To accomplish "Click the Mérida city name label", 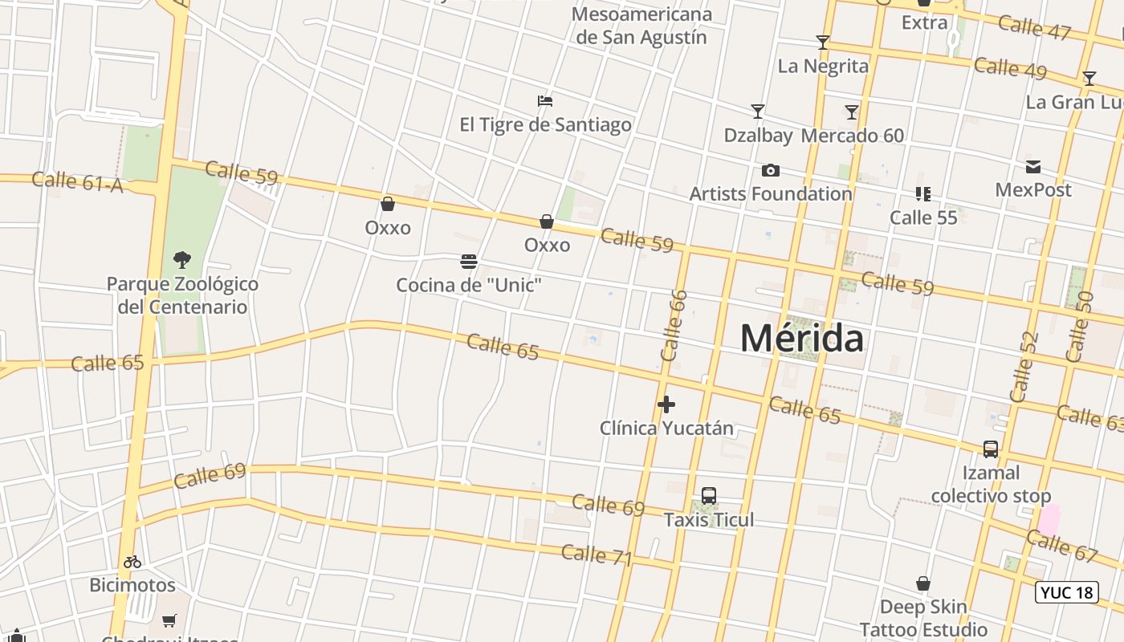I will click(801, 338).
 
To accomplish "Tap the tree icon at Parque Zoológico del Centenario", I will click(182, 259).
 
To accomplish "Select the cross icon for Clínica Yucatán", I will click(666, 404).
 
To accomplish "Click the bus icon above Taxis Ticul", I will click(708, 496).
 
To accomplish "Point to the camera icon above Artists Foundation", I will click(770, 170).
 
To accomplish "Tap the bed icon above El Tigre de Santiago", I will click(545, 101).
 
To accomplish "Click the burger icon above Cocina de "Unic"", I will click(469, 261).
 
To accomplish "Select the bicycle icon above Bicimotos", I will click(132, 562).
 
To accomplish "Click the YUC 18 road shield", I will click(1066, 592).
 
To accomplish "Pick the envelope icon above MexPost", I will click(1033, 167).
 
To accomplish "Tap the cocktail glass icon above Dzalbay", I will click(757, 112).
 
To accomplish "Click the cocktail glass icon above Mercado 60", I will click(852, 112).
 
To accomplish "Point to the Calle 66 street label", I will click(674, 325).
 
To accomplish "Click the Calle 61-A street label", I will click(78, 182).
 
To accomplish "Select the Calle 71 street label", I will click(597, 555).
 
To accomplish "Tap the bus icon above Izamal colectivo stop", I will click(991, 449).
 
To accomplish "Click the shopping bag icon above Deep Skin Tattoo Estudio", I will click(923, 583).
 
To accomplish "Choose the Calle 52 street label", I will click(1024, 367).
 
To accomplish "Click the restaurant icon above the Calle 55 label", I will click(922, 194).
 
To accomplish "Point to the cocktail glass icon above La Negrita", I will click(822, 42).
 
